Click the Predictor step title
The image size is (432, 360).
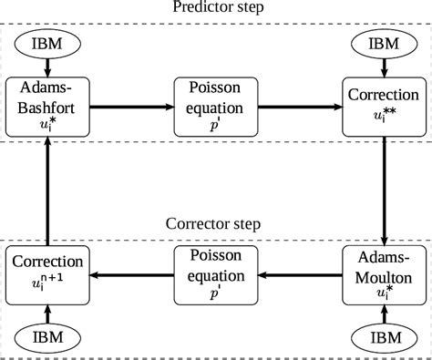[215, 8]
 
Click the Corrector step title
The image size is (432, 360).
[215, 223]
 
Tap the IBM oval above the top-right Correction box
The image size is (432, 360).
[384, 43]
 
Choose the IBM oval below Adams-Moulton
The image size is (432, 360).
[384, 335]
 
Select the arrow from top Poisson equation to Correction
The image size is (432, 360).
[295, 108]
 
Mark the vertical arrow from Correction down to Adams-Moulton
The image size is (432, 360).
[384, 187]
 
